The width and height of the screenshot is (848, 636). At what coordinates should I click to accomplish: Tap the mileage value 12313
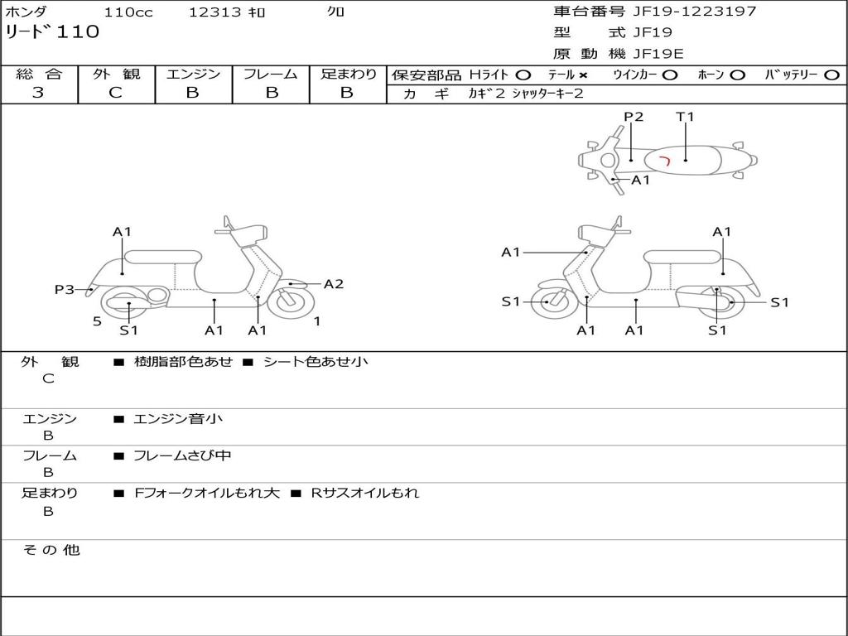[x=215, y=12]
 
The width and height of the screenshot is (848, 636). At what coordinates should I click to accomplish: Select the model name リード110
[x=52, y=32]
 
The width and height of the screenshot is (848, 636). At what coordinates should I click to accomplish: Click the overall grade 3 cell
[x=38, y=93]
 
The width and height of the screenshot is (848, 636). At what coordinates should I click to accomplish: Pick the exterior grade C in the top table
[x=116, y=93]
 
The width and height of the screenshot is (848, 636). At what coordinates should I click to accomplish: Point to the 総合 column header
[x=39, y=74]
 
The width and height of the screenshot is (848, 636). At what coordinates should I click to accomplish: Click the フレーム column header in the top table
[x=270, y=74]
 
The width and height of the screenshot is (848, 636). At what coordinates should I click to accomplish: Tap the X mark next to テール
[x=582, y=75]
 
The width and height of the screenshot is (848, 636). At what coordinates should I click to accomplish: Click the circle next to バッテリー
[x=831, y=75]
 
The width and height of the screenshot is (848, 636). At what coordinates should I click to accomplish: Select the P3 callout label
[x=65, y=289]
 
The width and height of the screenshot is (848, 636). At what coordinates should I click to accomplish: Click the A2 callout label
[x=334, y=284]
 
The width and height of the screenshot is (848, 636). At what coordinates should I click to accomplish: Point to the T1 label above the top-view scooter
[x=685, y=117]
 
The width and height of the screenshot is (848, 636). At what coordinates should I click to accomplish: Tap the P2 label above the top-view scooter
[x=634, y=117]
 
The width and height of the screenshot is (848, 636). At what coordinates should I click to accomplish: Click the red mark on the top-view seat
[x=664, y=158]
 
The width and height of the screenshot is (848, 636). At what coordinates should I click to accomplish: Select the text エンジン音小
[x=178, y=419]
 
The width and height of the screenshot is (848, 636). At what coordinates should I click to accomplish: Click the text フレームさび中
[x=182, y=455]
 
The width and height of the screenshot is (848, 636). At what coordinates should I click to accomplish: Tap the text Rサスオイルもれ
[x=364, y=493]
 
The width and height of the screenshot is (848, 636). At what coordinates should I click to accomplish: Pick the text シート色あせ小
[x=316, y=362]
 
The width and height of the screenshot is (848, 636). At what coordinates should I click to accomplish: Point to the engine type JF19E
[x=658, y=54]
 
